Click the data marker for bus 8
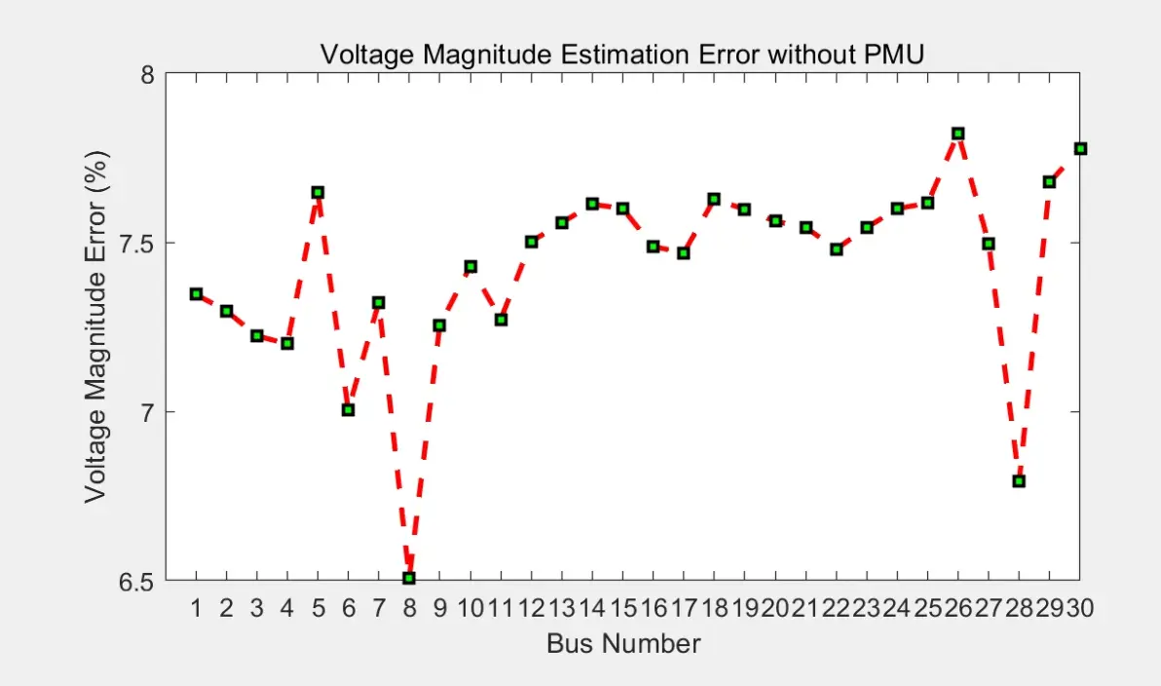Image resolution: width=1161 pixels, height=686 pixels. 409,578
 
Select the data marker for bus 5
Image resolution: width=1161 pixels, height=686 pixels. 318,193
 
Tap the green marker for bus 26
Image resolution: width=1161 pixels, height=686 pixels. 957,134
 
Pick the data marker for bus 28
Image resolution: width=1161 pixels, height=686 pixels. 1019,481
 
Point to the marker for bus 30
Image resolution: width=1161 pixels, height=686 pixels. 1080,149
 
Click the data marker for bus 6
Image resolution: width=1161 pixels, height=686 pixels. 348,409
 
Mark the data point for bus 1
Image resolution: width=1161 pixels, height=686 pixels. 196,294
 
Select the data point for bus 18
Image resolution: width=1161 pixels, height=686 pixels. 714,200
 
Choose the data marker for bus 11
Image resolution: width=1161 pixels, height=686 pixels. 502,320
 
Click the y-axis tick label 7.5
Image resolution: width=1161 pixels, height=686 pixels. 136,243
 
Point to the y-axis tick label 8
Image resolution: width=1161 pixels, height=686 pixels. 147,74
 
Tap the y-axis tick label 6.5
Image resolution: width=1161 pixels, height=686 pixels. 136,582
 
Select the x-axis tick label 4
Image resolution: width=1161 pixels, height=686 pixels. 287,608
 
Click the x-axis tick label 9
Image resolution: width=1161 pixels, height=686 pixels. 440,608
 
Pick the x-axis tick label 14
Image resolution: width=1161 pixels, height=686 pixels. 591,608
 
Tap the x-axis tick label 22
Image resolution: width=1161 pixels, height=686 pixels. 836,608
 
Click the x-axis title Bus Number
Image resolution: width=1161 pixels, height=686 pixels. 623,644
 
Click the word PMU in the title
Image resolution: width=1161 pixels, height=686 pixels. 894,54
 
